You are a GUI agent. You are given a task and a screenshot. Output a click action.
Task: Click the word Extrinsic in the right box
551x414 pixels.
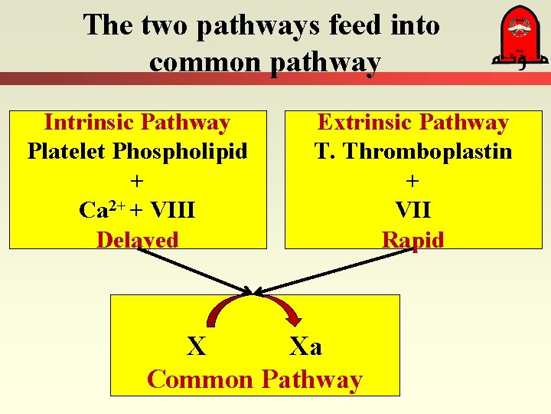click(364, 123)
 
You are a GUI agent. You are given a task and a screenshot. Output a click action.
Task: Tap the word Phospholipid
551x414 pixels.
click(181, 151)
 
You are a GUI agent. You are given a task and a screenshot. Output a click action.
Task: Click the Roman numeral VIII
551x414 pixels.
click(172, 210)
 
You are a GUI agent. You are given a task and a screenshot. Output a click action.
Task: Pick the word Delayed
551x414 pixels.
click(138, 240)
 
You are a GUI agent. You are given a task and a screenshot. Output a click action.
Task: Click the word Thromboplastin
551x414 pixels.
click(428, 151)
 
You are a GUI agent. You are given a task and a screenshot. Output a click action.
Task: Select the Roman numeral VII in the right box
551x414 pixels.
click(412, 210)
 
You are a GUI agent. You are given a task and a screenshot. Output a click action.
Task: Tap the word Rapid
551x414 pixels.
click(412, 240)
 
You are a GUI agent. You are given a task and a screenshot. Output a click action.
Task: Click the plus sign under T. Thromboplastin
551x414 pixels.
click(412, 181)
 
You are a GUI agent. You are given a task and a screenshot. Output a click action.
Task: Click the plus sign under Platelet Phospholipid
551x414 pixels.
click(138, 181)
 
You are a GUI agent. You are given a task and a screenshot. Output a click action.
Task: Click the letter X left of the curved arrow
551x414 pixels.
click(197, 347)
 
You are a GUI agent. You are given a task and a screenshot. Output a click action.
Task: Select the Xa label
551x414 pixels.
click(306, 347)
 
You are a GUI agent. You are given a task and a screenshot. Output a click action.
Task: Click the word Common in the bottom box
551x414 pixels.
click(200, 379)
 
